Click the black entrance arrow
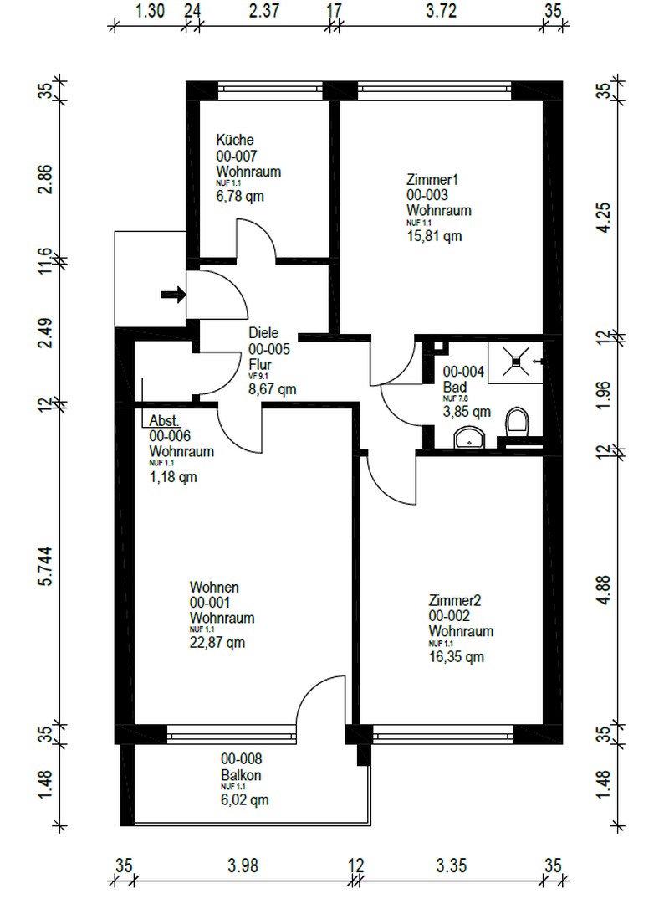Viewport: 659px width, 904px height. point(173,294)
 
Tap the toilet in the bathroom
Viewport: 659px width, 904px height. point(518,422)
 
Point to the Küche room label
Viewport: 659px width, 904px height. point(235,140)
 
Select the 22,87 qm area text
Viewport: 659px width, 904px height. point(217,643)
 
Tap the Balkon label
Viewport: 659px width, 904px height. point(241,775)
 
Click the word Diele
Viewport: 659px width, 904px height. point(263,332)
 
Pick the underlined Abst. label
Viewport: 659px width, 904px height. point(165,423)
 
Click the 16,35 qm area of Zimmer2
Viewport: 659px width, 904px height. point(456,657)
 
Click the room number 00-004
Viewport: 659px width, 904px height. point(463,371)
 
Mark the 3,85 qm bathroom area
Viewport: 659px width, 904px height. point(467,411)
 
